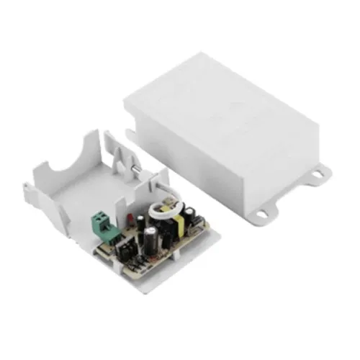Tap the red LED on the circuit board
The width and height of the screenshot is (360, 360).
[x=128, y=217]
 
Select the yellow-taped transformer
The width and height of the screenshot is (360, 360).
[x=176, y=228]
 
